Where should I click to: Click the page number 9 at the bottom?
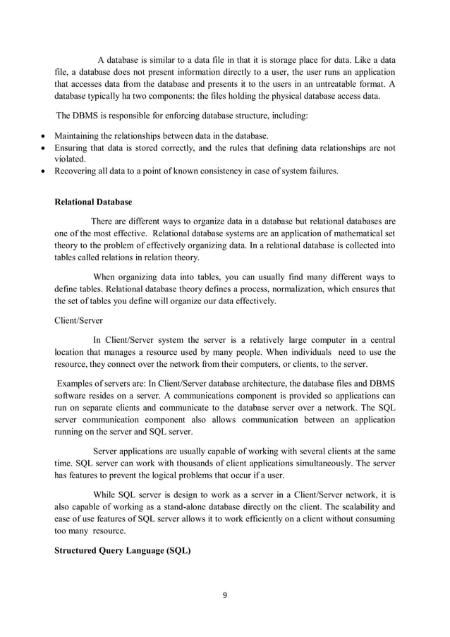225,595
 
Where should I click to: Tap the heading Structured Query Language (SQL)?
123,551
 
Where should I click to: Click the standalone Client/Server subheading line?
78,320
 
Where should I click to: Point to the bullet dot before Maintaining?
45,135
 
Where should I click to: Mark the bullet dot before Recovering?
45,171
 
